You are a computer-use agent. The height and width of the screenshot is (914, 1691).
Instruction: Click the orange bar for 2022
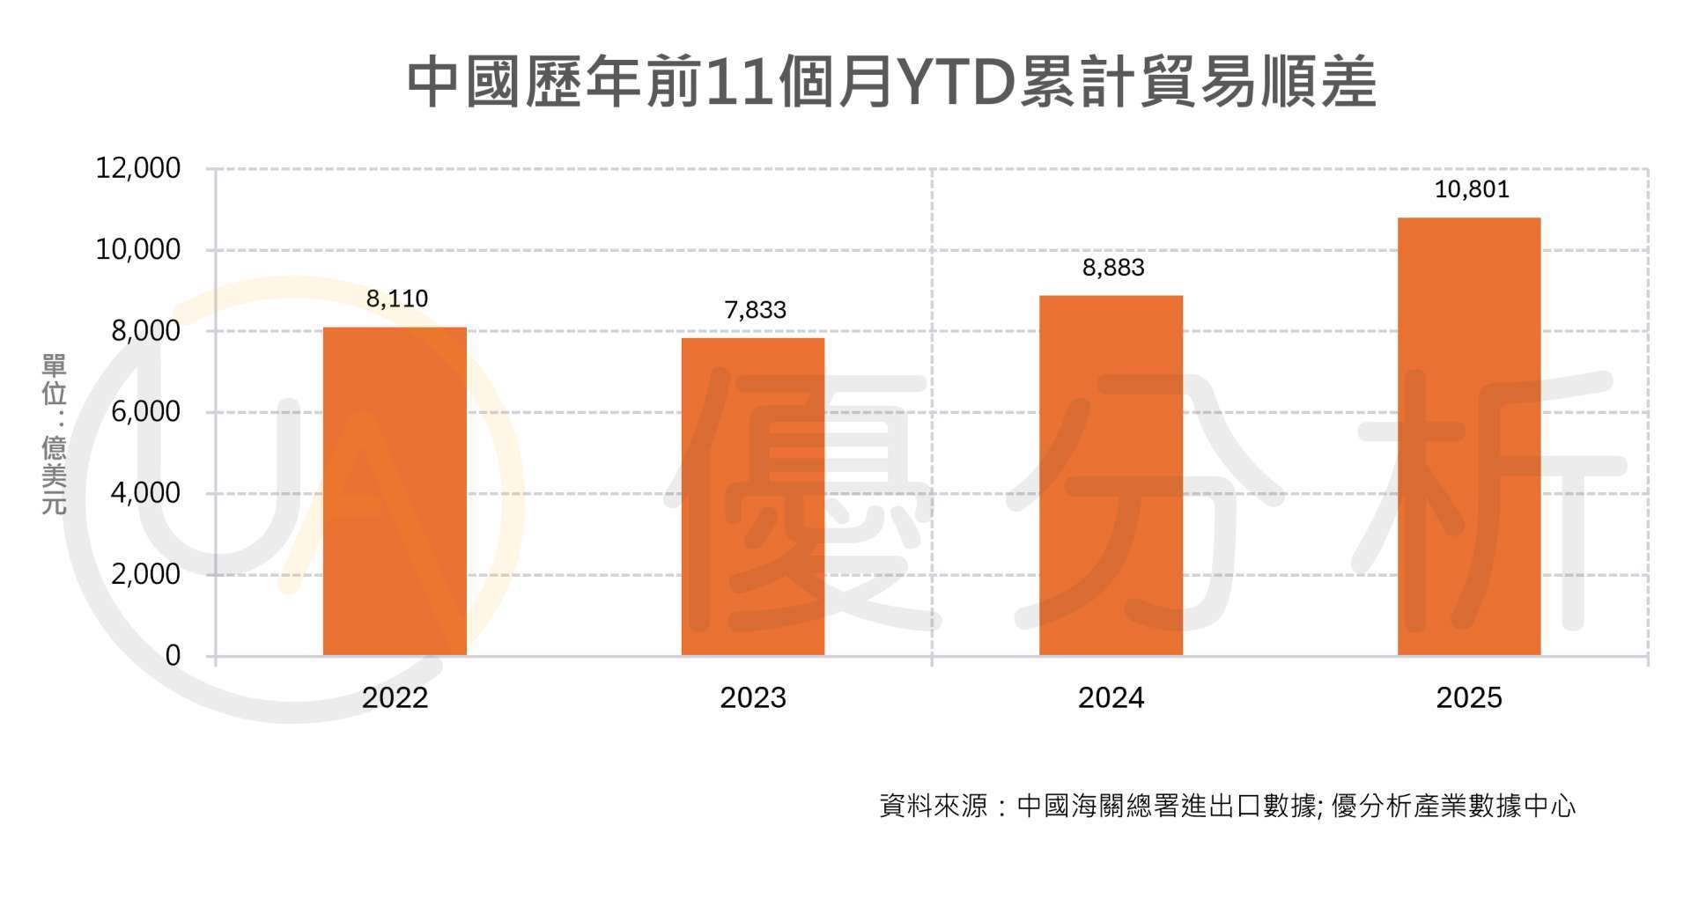coord(395,491)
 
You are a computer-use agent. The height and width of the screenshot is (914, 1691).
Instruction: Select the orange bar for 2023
coord(753,497)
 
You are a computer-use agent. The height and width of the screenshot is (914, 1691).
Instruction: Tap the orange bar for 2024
coord(1111,475)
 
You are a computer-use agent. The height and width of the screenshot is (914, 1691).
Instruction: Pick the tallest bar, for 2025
coord(1469,437)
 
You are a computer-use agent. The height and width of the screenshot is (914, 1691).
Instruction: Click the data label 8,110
coord(397,299)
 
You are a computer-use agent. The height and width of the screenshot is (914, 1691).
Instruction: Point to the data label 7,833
coord(755,310)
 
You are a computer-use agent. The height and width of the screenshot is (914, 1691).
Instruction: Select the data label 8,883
coord(1113,268)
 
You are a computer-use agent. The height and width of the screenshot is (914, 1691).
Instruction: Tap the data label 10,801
coord(1472,189)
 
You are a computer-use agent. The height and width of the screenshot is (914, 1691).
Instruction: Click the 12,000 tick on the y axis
coord(138,168)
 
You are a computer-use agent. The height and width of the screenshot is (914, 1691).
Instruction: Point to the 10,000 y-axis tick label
coord(138,250)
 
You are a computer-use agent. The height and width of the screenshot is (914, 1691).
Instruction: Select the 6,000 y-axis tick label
coord(145,412)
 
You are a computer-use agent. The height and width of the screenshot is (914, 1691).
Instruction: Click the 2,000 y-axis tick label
coord(145,574)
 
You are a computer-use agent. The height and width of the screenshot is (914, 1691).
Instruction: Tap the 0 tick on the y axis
coord(173,655)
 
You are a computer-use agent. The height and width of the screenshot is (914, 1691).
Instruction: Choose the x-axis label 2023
coord(753,698)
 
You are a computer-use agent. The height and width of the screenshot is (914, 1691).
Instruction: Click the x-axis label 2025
coord(1469,698)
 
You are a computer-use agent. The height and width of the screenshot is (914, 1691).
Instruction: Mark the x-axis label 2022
coord(395,698)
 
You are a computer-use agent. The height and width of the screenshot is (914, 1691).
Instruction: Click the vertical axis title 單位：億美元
coord(54,434)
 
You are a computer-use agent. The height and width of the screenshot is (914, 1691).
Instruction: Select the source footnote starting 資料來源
coord(1227,806)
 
